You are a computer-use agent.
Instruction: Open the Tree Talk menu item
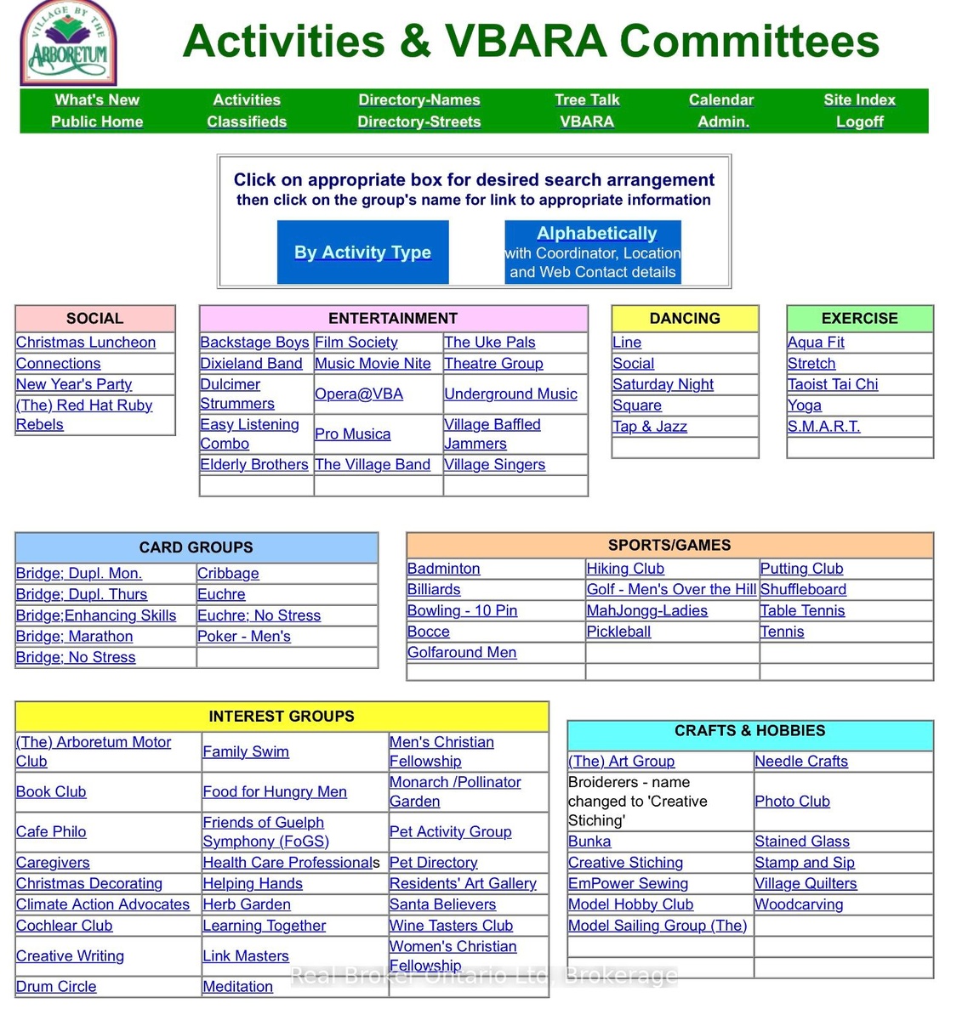click(587, 100)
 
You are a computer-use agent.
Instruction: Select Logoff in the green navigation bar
click(859, 122)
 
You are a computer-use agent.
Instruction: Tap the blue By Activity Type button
click(362, 252)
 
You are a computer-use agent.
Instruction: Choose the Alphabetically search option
click(596, 234)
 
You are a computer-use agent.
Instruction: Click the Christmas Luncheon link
click(86, 343)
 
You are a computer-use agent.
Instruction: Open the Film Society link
click(356, 343)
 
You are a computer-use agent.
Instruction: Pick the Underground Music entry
click(510, 394)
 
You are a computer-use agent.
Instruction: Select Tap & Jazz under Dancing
click(650, 427)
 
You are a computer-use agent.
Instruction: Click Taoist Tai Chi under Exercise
click(833, 384)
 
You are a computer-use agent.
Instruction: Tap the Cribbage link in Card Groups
click(228, 574)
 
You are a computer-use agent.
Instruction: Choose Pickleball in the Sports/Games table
click(618, 632)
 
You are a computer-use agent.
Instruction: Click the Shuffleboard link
click(803, 590)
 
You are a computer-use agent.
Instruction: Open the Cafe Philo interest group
click(51, 832)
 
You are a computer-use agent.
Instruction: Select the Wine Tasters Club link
click(451, 926)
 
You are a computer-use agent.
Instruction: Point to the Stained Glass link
click(802, 841)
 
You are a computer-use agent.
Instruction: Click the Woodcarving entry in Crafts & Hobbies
click(799, 904)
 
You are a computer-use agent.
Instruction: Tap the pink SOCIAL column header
click(95, 319)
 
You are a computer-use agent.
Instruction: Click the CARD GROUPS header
click(196, 547)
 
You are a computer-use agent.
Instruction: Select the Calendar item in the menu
click(721, 100)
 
